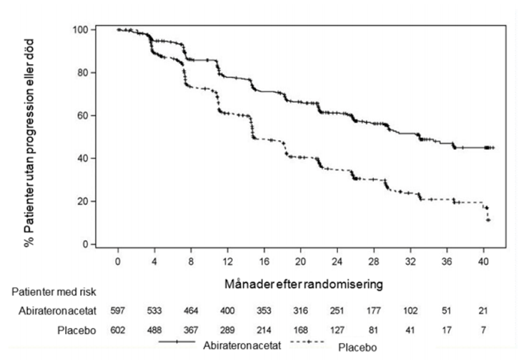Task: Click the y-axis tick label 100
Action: (x=80, y=30)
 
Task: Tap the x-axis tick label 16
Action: (x=264, y=261)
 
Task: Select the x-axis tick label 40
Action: (x=483, y=261)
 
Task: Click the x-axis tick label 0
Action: (x=118, y=261)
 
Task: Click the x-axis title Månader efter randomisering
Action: (x=304, y=284)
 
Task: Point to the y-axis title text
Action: (x=29, y=143)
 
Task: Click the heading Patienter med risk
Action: (x=54, y=292)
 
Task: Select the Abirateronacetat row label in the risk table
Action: (x=57, y=311)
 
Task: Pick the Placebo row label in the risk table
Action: (x=76, y=330)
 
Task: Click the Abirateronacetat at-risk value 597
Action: (x=118, y=311)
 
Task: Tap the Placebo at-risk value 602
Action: (x=118, y=330)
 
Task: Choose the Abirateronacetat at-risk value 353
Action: (x=264, y=311)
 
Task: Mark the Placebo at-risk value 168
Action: (x=301, y=330)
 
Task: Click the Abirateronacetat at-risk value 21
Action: (x=483, y=311)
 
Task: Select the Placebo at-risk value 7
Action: (x=484, y=330)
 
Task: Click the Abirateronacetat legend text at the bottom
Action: (x=242, y=346)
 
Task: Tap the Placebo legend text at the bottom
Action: (x=357, y=347)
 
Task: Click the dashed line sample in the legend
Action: (x=307, y=342)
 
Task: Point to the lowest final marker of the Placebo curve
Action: (x=488, y=220)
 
